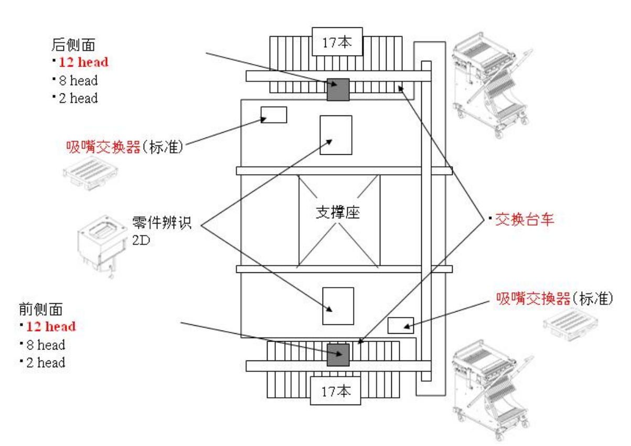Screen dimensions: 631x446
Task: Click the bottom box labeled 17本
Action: pyautogui.click(x=336, y=391)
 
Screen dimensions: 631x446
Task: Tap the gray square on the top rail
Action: pyautogui.click(x=338, y=89)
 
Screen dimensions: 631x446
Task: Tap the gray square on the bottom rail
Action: pyautogui.click(x=338, y=355)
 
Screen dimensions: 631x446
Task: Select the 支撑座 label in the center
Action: pyautogui.click(x=338, y=213)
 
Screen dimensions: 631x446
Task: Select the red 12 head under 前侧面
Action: pyautogui.click(x=51, y=326)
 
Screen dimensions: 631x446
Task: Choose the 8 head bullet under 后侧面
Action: pyautogui.click(x=78, y=80)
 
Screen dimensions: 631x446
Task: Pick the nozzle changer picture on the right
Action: pyautogui.click(x=574, y=325)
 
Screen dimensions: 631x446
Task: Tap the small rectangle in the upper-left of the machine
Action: pyautogui.click(x=274, y=114)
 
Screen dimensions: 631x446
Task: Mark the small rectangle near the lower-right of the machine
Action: pyautogui.click(x=401, y=325)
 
